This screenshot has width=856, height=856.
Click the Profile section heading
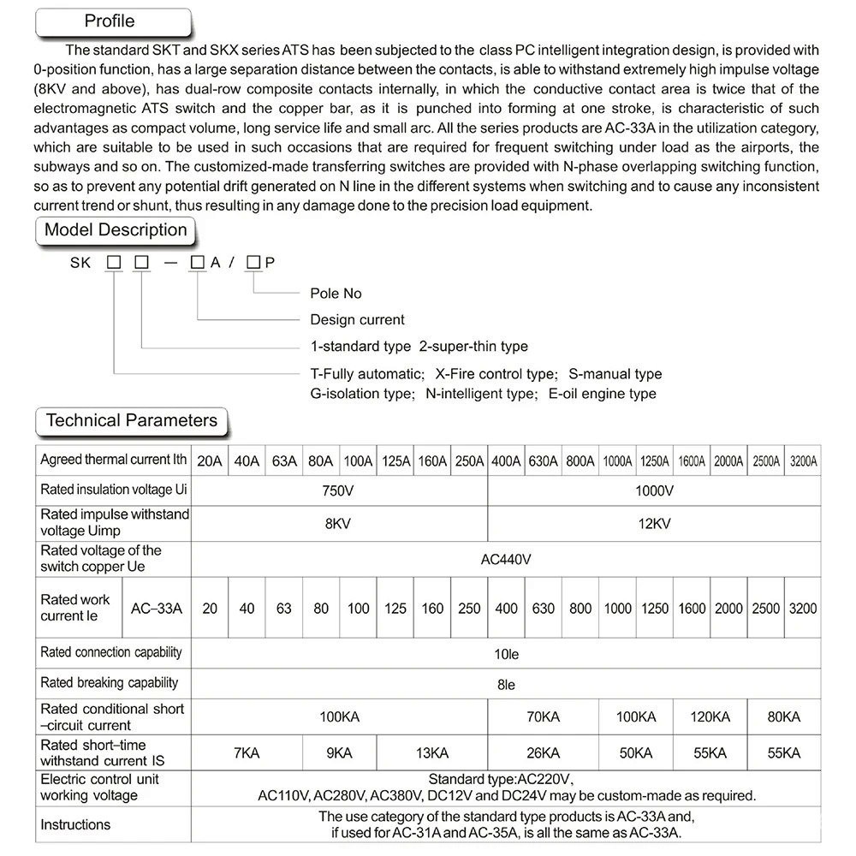pyautogui.click(x=110, y=21)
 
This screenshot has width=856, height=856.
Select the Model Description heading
pyautogui.click(x=116, y=230)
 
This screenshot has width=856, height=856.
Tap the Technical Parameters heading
pyautogui.click(x=131, y=420)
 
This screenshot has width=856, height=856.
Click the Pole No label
pyautogui.click(x=336, y=294)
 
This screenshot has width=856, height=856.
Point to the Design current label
pyautogui.click(x=357, y=319)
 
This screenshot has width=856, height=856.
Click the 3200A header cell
pyautogui.click(x=802, y=461)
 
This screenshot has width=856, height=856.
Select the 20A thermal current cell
pyautogui.click(x=210, y=461)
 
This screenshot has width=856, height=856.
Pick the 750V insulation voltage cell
pyautogui.click(x=339, y=490)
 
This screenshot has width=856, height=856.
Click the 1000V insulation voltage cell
pyautogui.click(x=654, y=490)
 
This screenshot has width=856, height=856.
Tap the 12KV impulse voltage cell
pyautogui.click(x=654, y=523)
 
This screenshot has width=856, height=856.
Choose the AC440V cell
pyautogui.click(x=506, y=559)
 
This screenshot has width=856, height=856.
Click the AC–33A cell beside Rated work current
pyautogui.click(x=157, y=609)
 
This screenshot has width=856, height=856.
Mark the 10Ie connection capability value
pyautogui.click(x=506, y=654)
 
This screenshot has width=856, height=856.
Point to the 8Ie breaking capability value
pyautogui.click(x=506, y=684)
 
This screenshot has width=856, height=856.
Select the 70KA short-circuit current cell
pyautogui.click(x=543, y=716)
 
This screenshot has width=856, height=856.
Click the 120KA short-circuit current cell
pyautogui.click(x=710, y=716)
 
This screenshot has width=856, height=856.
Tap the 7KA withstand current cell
pyautogui.click(x=247, y=753)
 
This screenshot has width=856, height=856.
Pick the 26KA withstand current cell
pyautogui.click(x=543, y=753)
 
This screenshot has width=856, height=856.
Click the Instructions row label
pyautogui.click(x=75, y=824)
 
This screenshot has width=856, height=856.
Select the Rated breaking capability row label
pyautogui.click(x=110, y=683)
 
